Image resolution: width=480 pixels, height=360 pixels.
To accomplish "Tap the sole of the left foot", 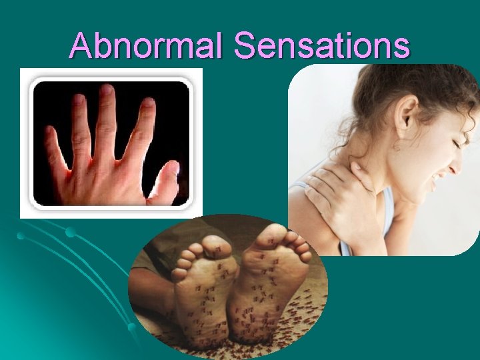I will [203, 293].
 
